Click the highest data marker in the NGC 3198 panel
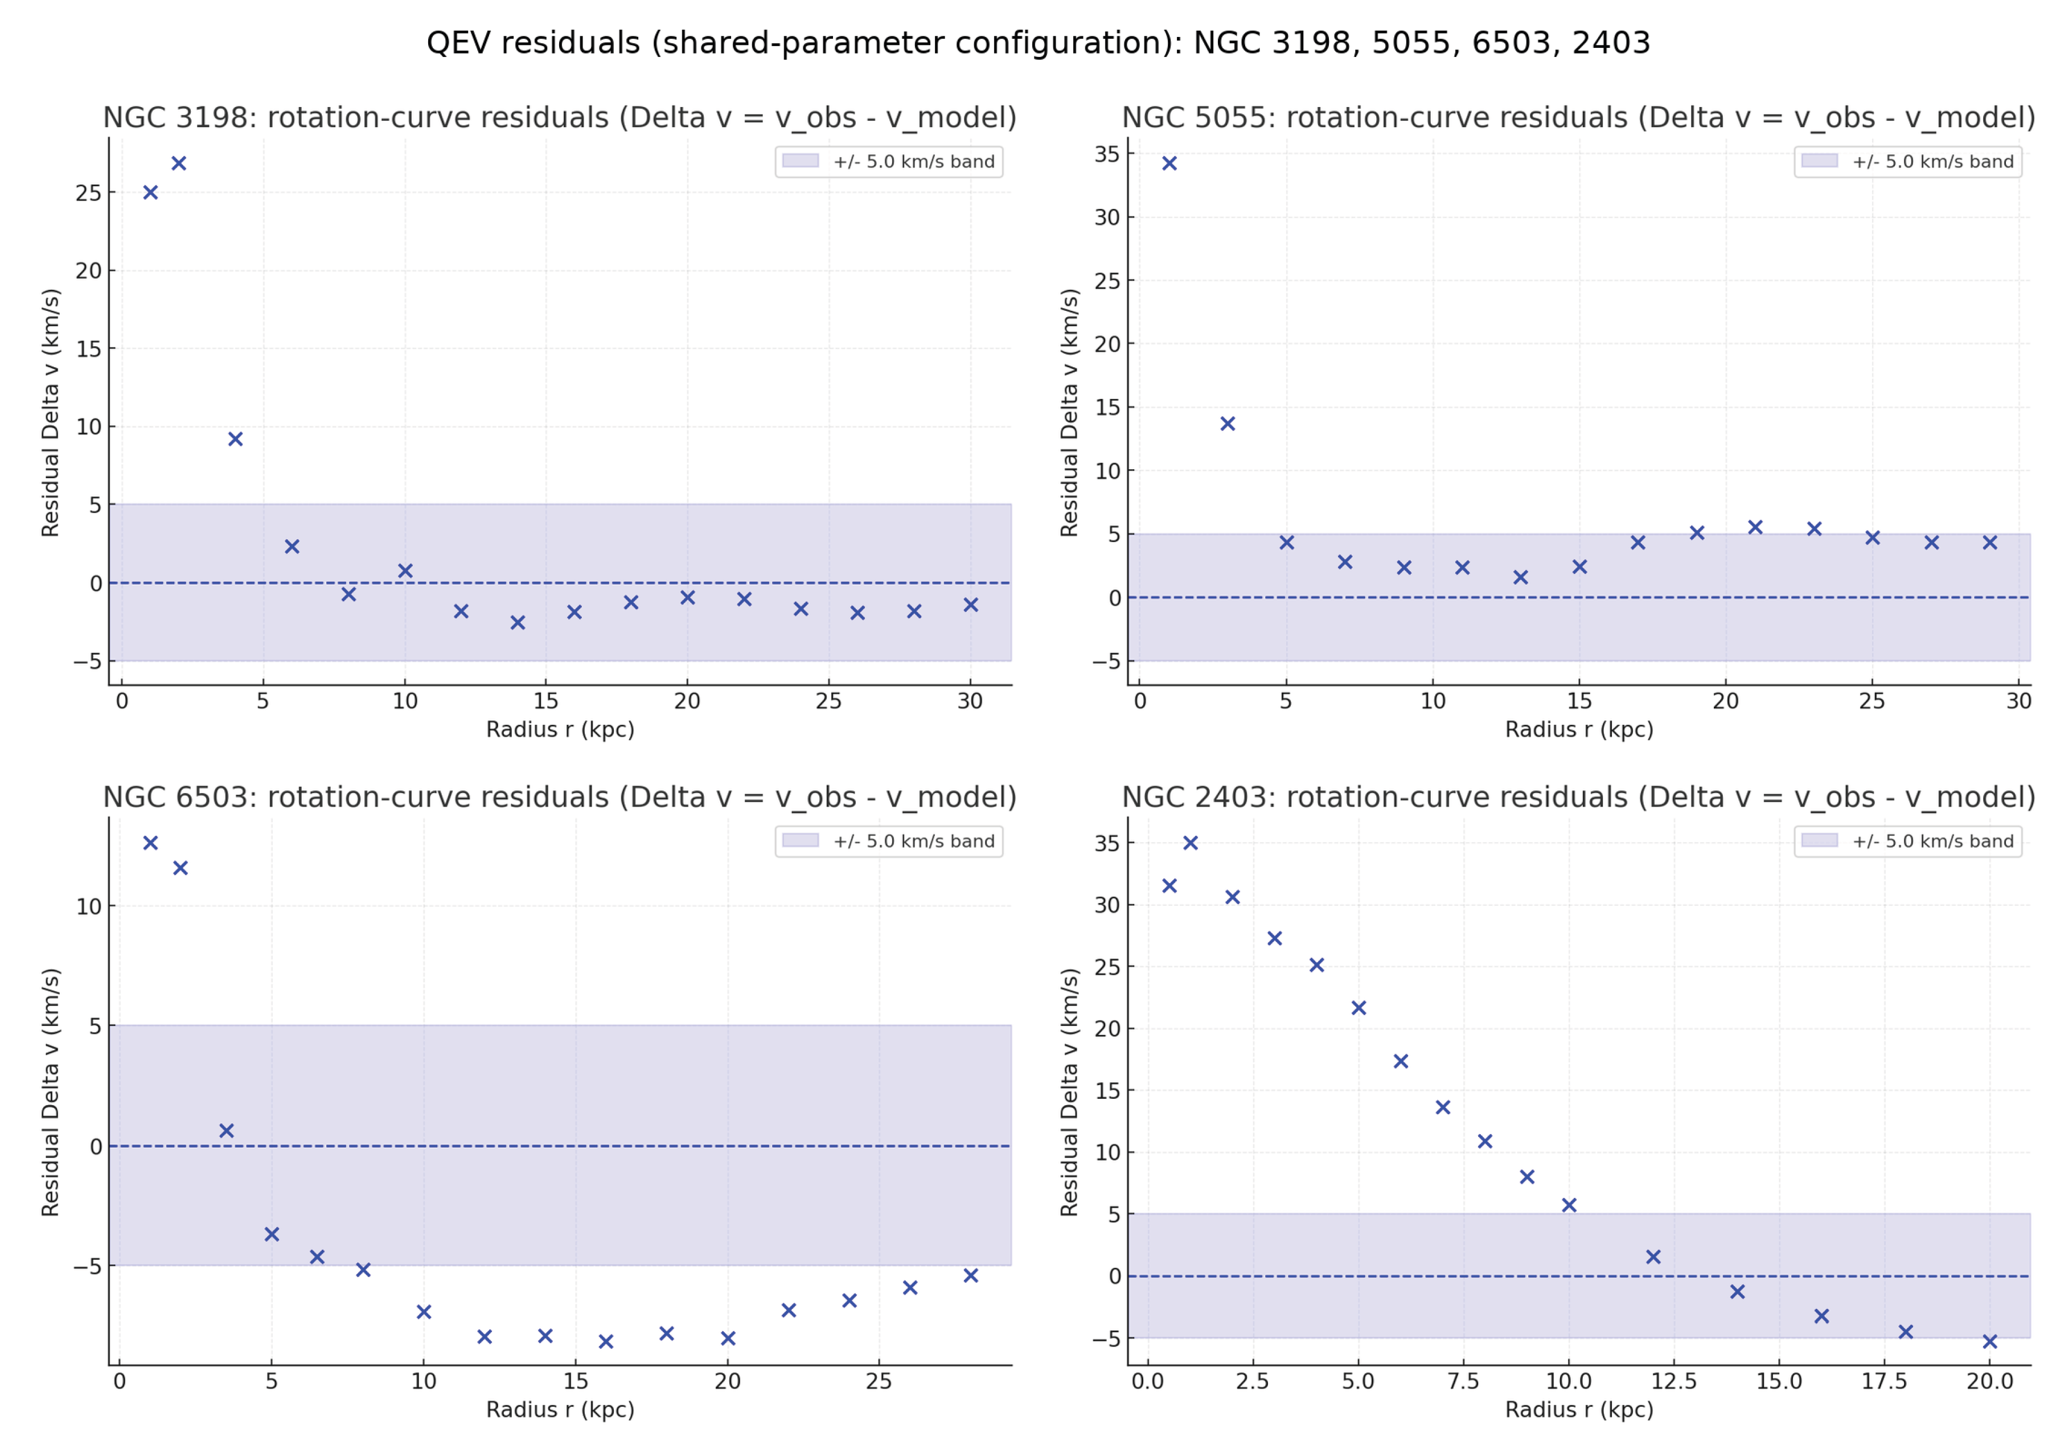[x=179, y=163]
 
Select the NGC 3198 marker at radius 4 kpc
[x=236, y=439]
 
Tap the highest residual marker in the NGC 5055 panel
[x=1169, y=163]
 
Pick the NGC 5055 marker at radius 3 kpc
[x=1228, y=424]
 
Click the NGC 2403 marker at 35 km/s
[x=1190, y=843]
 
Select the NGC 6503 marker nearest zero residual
[x=227, y=1131]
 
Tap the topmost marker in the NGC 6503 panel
[x=150, y=843]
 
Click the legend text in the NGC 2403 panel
[x=1932, y=841]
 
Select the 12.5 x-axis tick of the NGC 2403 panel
[x=1673, y=1381]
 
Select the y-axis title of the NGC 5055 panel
[x=1069, y=412]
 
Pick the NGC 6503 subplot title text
[x=560, y=797]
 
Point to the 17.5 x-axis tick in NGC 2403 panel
[x=1884, y=1381]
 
